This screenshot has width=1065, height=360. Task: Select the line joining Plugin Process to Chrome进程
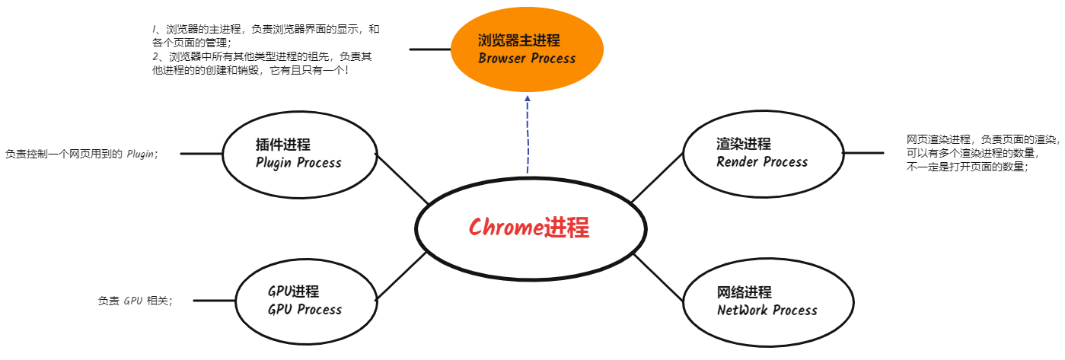(x=403, y=179)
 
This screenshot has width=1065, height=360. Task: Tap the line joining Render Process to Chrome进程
(x=657, y=178)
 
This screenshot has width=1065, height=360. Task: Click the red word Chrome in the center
(x=505, y=228)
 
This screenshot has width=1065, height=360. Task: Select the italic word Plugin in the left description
(x=140, y=154)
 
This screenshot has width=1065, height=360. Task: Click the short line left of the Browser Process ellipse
(x=430, y=49)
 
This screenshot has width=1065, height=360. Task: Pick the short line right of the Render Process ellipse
(x=863, y=153)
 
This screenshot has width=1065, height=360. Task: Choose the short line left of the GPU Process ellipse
(x=214, y=301)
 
